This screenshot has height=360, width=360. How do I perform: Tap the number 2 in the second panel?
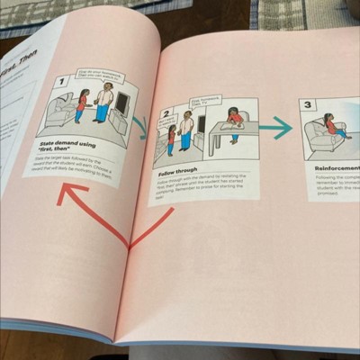pyautogui.click(x=166, y=113)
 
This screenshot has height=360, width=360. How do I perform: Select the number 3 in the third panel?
pyautogui.click(x=306, y=104)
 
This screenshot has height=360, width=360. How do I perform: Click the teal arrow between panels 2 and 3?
pyautogui.click(x=275, y=128)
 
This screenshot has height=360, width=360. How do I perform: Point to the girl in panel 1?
pyautogui.click(x=82, y=105)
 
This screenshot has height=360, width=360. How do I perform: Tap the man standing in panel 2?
pyautogui.click(x=185, y=129)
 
